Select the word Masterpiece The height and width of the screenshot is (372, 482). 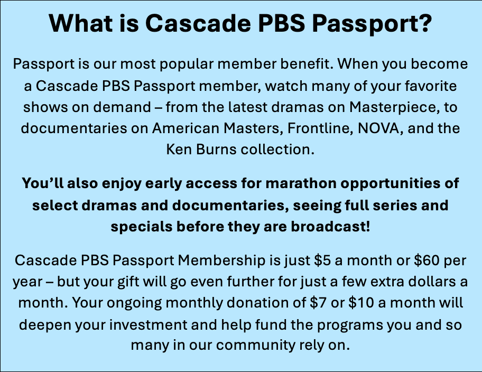pos(392,107)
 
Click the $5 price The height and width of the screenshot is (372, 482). pos(322,260)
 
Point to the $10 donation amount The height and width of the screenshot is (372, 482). pos(361,303)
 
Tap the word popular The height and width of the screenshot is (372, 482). pos(187,64)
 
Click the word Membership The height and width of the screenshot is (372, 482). pos(221,260)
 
